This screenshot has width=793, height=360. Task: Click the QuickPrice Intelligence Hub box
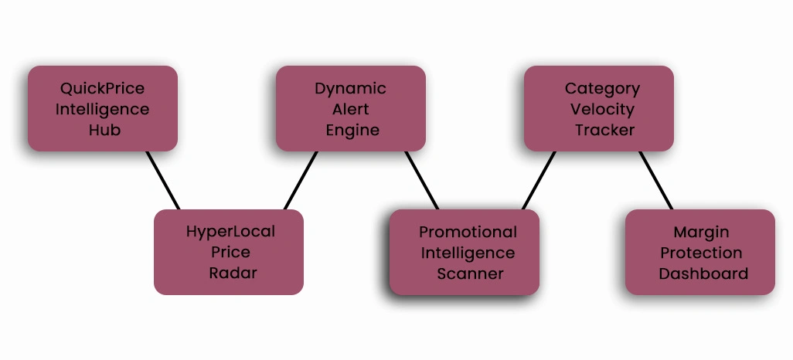click(103, 108)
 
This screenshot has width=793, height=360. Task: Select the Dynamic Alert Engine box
click(351, 108)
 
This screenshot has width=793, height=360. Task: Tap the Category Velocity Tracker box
click(599, 108)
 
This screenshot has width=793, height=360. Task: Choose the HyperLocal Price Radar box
click(229, 252)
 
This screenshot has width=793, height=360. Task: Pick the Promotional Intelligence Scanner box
click(464, 252)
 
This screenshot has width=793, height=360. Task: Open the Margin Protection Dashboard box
click(700, 252)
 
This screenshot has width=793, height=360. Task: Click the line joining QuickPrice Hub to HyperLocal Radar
click(163, 180)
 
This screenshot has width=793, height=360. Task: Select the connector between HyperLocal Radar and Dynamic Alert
click(301, 180)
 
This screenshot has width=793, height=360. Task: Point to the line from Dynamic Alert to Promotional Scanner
click(422, 180)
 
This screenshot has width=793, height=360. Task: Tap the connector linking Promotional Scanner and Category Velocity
click(539, 180)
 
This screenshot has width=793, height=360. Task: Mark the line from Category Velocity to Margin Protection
click(656, 180)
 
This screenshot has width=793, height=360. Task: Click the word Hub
click(104, 130)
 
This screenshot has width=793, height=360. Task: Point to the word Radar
click(233, 273)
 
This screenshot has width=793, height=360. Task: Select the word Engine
click(352, 130)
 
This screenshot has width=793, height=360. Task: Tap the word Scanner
click(470, 273)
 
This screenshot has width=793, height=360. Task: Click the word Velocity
click(602, 109)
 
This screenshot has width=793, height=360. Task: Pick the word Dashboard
click(703, 273)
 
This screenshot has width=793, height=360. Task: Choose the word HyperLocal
click(230, 231)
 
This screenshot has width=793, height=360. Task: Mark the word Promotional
click(468, 232)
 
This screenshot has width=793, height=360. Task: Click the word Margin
click(701, 232)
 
